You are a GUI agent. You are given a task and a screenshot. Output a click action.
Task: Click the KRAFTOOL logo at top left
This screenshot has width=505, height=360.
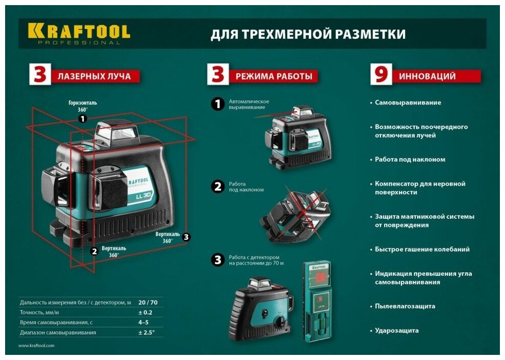tap(79, 34)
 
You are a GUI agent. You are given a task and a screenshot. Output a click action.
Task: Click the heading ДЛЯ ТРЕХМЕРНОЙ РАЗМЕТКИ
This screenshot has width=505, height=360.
tap(308, 34)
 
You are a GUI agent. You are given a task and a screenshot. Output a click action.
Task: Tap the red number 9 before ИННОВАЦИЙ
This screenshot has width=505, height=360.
tap(381, 74)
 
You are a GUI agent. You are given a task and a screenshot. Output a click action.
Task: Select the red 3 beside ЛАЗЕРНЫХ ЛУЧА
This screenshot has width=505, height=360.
tap(40, 74)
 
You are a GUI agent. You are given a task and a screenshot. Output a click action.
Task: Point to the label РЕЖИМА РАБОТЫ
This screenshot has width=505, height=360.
tap(274, 76)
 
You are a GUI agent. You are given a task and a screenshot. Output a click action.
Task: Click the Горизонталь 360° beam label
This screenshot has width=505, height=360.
tap(83, 106)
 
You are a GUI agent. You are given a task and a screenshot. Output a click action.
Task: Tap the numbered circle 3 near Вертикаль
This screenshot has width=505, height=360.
tap(186, 237)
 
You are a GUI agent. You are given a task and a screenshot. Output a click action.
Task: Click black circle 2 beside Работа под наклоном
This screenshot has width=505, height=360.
tap(218, 187)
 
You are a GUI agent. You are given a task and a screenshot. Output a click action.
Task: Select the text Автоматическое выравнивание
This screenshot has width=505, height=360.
tap(249, 105)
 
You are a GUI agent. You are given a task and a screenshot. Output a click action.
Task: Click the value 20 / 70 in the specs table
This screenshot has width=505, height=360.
tap(148, 302)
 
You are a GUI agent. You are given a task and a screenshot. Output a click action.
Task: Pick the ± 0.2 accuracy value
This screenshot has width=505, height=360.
tap(145, 313)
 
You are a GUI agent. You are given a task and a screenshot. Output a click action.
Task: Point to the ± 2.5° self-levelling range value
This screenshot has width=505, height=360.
tap(146, 332)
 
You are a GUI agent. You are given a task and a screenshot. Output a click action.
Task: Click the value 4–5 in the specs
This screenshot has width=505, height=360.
tap(143, 322)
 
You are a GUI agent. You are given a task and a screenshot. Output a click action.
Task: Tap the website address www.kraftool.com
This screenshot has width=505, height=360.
tap(36, 346)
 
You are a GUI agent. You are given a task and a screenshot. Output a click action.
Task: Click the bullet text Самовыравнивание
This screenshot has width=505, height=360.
tap(408, 102)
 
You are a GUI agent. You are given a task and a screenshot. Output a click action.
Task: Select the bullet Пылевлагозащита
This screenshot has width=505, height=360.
tap(405, 306)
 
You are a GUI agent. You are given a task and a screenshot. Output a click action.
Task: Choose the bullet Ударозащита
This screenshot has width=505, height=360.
tap(397, 330)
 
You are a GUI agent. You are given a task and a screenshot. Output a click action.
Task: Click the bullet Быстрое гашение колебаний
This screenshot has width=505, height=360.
tap(422, 249)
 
